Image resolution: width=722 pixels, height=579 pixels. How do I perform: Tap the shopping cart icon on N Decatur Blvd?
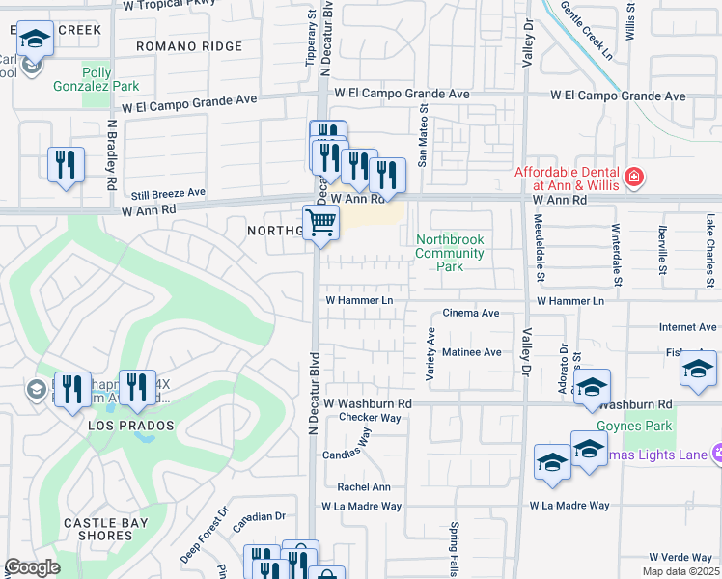coord(320,224)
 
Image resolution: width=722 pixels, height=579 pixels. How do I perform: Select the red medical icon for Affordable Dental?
coord(633,178)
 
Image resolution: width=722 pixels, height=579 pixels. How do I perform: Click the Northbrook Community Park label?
coord(449,253)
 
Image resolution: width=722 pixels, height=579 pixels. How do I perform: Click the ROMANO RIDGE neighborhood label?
coord(188,46)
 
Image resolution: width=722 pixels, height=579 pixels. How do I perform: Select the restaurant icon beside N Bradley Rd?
coord(66,165)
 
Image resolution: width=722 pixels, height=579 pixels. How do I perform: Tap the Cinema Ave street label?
coord(470,314)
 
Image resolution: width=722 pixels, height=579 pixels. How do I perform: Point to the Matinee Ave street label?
coord(471,353)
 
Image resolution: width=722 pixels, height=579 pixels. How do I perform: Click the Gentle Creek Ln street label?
coord(585,31)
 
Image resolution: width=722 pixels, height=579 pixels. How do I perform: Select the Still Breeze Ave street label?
coord(169,193)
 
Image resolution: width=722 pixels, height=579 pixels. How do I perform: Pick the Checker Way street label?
coord(369,418)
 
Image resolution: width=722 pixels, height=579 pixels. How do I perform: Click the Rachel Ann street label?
coord(363,487)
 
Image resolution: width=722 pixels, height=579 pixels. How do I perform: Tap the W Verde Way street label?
coord(680,558)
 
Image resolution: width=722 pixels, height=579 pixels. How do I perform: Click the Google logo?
coord(32,567)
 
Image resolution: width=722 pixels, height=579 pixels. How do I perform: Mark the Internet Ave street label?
coord(687,328)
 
